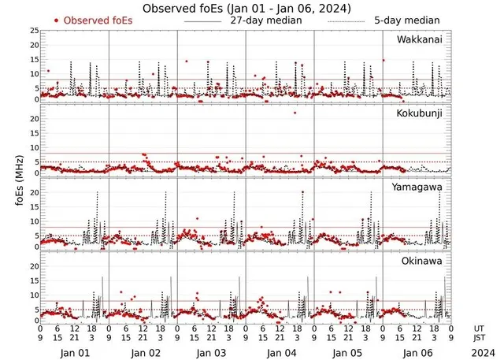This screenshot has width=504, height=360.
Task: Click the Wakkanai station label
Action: point(418,39)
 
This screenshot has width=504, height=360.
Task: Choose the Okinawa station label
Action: point(422,261)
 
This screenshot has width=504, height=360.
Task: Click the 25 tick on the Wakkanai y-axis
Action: point(34,31)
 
